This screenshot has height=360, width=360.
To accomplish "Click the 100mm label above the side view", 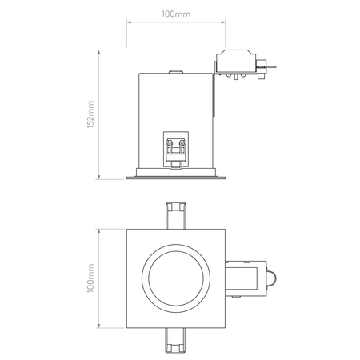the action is pos(176,14).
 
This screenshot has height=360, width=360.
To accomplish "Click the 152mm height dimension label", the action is pos(90,114).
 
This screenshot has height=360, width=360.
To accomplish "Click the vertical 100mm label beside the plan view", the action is pos(90,278).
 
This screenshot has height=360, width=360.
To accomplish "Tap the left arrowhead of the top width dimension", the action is pos(129,22).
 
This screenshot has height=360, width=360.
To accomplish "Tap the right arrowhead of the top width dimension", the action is pos(223,22).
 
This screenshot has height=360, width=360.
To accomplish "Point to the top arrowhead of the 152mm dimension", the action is pos(99,52).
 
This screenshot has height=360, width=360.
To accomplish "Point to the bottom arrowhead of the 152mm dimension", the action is pos(99,177).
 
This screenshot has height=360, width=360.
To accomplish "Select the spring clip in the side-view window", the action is pos(176,154).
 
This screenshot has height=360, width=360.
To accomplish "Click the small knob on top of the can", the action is pos(176,71).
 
